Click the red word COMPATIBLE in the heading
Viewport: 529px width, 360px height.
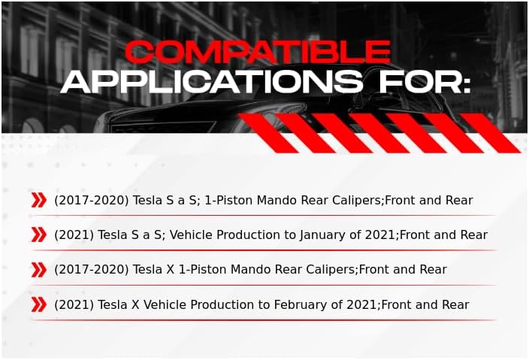257,51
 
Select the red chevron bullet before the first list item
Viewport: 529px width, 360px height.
38,200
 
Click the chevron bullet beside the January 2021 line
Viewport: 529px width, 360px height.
38,234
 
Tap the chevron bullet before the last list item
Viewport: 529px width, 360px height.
38,304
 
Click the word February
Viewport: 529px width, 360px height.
319,305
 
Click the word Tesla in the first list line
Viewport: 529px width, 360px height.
150,201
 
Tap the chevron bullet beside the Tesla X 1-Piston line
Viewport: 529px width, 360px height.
38,269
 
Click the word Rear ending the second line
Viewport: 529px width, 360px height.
473,235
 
